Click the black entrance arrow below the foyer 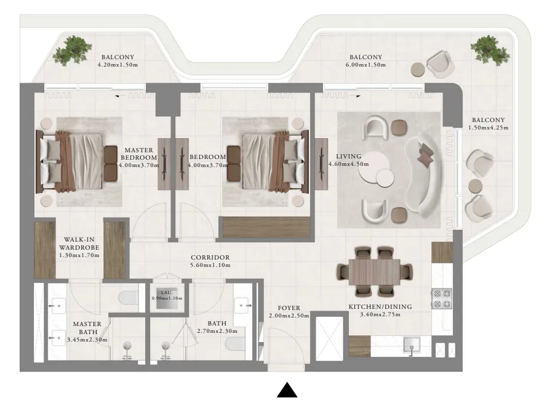pyautogui.click(x=287, y=391)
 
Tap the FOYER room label pyautogui.click(x=288, y=308)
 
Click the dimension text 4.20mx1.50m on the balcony pyautogui.click(x=118, y=64)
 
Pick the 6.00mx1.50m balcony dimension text pyautogui.click(x=365, y=64)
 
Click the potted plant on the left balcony pyautogui.click(x=72, y=51)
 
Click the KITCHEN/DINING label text pyautogui.click(x=380, y=306)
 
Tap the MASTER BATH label pyautogui.click(x=87, y=331)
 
